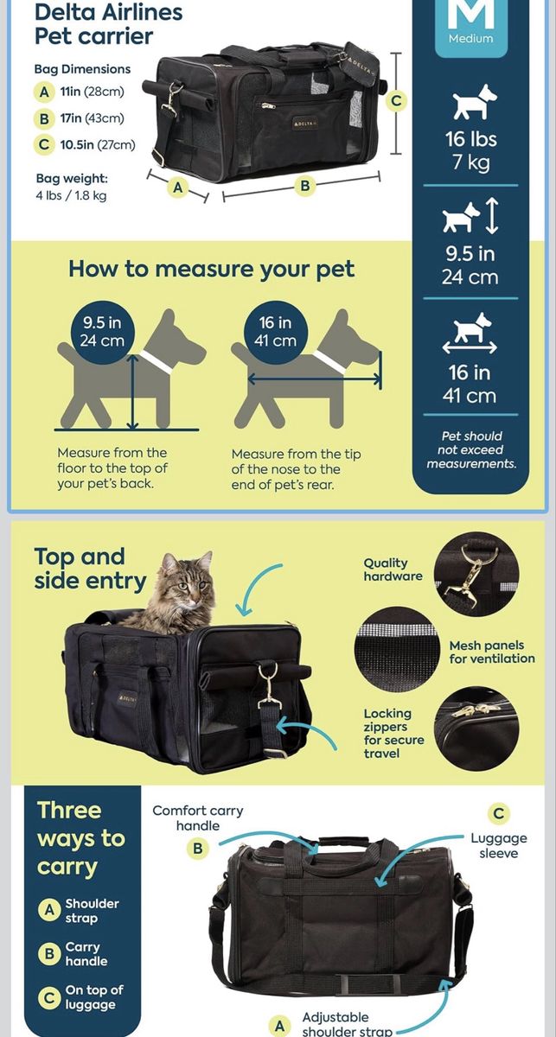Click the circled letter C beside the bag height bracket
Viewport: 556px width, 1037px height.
click(x=396, y=101)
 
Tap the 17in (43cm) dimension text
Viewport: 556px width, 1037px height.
click(x=93, y=118)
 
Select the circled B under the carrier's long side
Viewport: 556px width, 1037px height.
click(x=305, y=186)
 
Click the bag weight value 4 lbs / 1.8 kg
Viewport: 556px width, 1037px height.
click(x=72, y=195)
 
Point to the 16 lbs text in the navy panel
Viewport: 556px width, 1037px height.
click(x=470, y=139)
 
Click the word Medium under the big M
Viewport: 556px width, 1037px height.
click(x=470, y=38)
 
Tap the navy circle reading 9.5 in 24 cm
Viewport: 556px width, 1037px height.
click(x=102, y=332)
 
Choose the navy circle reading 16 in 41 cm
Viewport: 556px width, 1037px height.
click(x=276, y=332)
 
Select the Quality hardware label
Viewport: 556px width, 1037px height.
click(x=393, y=569)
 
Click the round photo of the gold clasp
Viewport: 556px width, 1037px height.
click(x=476, y=574)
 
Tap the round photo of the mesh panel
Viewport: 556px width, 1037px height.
click(x=397, y=650)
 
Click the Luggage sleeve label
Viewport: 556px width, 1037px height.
click(x=499, y=846)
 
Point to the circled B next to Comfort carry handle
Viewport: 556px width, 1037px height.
click(x=198, y=848)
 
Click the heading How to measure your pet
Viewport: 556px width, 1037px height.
click(x=212, y=269)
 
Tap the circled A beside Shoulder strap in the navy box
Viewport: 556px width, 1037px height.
click(x=49, y=911)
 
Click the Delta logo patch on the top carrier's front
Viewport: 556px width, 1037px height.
click(x=304, y=124)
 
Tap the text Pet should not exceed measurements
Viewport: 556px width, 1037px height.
click(x=471, y=450)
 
